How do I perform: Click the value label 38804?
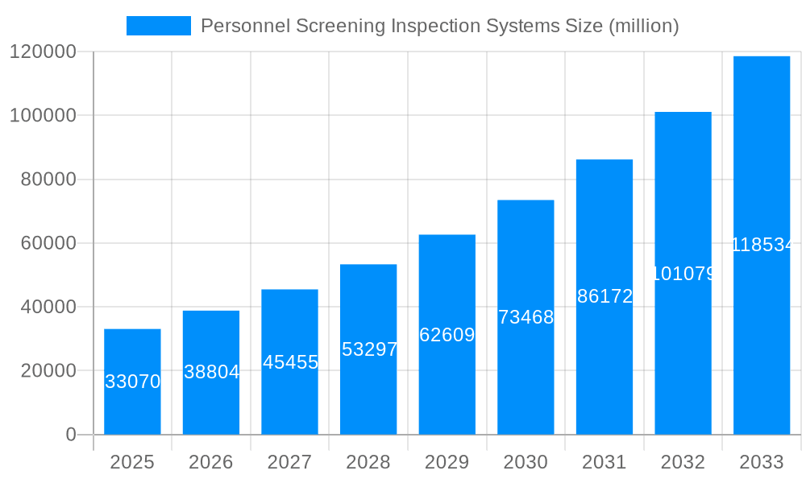211,372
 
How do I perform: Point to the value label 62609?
447,335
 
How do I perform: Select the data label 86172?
604,296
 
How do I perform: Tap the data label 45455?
290,362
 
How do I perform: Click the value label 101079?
683,274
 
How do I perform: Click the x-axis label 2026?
211,462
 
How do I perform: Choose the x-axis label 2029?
447,462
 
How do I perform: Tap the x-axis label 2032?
683,462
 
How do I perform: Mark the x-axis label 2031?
604,462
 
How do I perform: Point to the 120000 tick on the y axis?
43,52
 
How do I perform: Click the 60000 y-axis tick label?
48,243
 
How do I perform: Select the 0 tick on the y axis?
71,435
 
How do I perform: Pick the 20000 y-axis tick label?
48,371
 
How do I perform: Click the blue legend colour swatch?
159,26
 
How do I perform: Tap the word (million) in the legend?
643,26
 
